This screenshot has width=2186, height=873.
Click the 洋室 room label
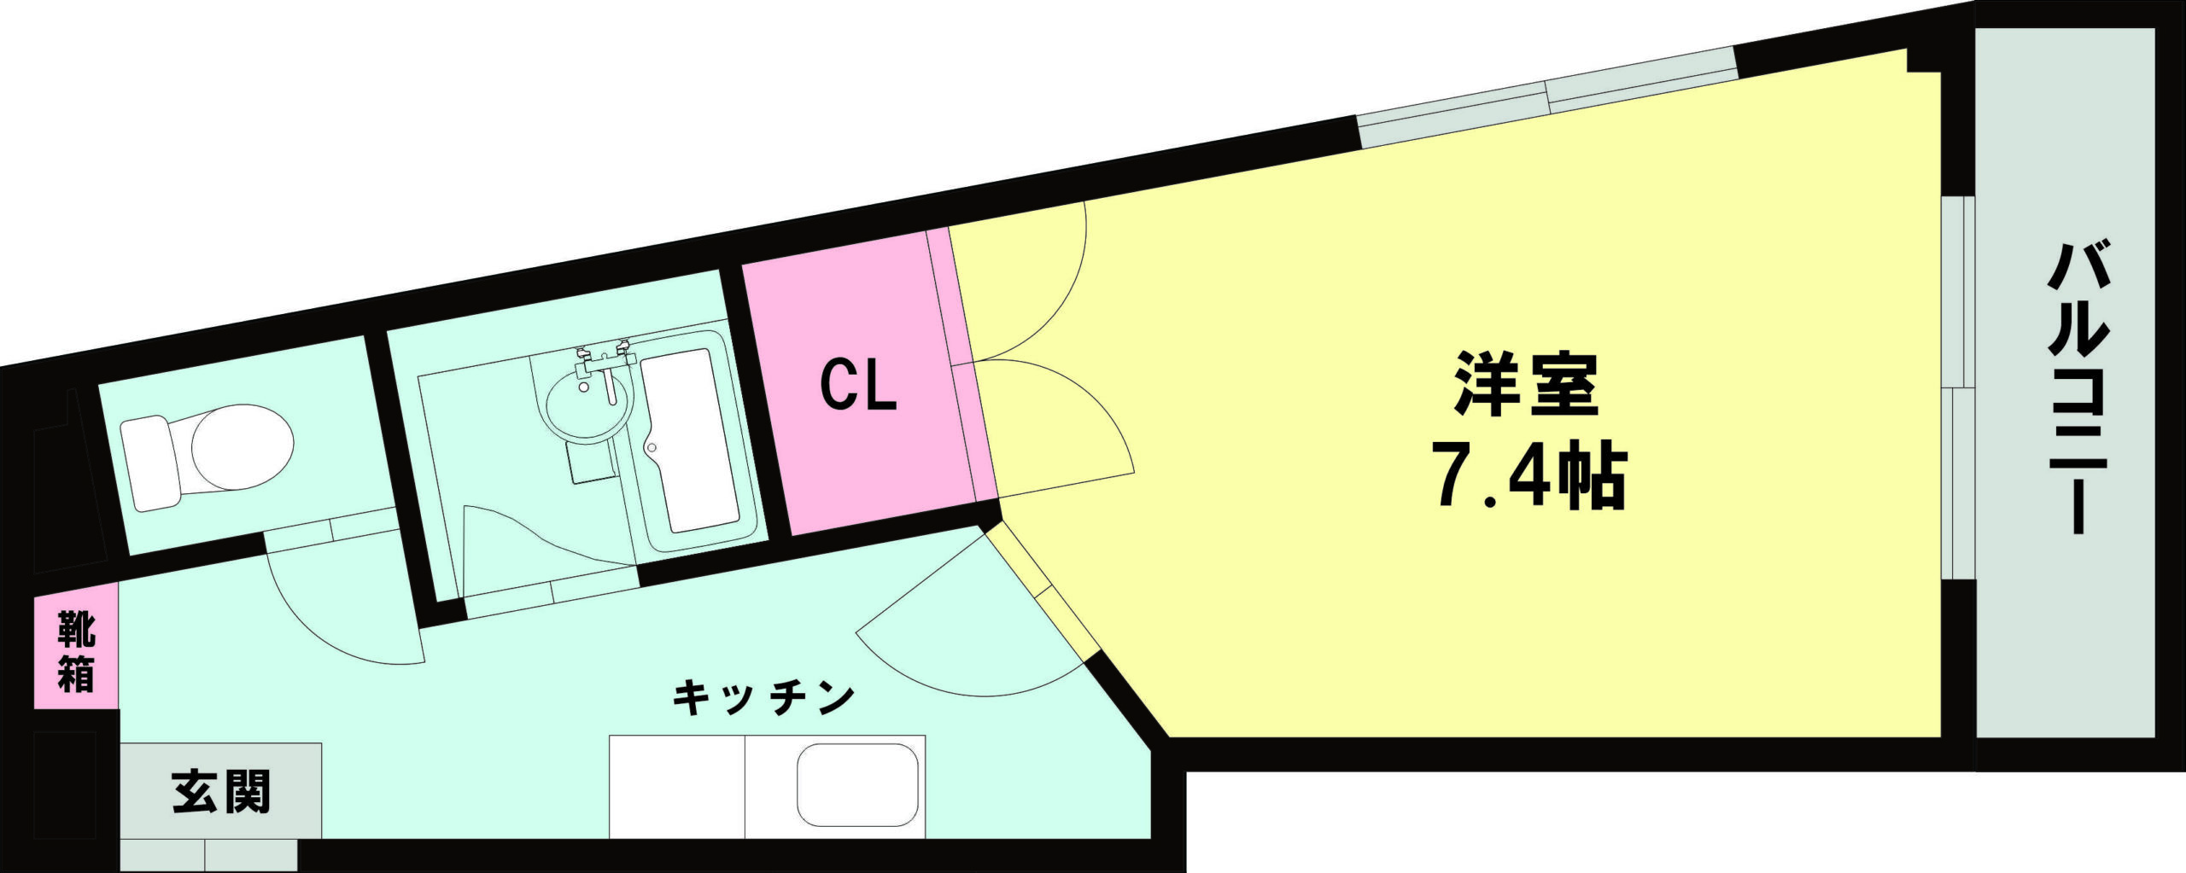point(1526,385)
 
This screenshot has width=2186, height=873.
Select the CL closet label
point(858,385)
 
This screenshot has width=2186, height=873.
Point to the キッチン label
point(763,698)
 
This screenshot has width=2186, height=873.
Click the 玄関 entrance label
point(221,791)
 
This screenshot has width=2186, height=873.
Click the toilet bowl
point(243,447)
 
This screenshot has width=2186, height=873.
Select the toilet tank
point(150,463)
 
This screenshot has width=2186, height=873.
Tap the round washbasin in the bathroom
point(587,406)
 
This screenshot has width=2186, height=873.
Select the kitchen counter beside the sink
point(677,786)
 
